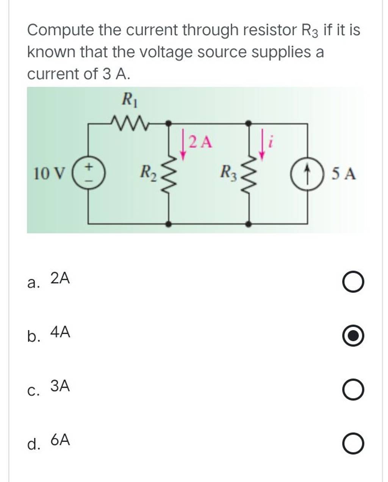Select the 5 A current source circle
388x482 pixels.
307,174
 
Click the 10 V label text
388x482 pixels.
49,174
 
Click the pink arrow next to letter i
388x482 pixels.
263,144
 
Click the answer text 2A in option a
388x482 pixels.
60,279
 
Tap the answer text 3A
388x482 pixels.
60,386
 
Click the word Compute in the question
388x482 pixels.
60,30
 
